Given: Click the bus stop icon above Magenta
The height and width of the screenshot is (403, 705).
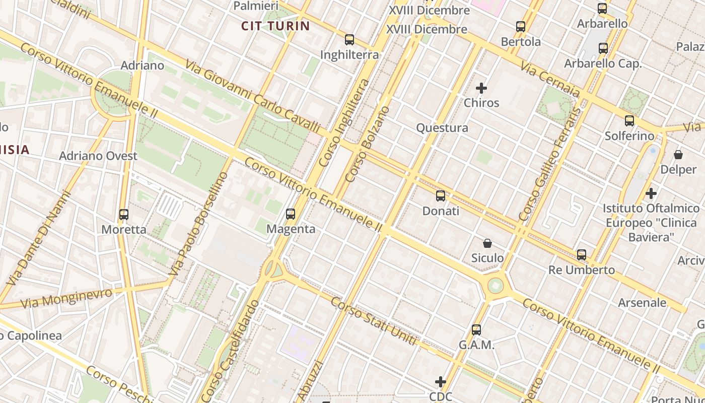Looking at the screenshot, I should coord(291,214).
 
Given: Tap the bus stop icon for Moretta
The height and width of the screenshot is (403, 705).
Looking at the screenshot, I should coord(124,215).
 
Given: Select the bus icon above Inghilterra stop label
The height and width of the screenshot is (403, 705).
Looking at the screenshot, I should coord(349,40).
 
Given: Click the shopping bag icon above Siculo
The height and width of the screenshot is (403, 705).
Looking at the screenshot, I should coord(487,244).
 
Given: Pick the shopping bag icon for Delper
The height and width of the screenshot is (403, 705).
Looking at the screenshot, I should coord(678,155).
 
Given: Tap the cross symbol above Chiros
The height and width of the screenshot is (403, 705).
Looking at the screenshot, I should coord(481,88).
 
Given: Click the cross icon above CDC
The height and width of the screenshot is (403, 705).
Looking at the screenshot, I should coord(441,382).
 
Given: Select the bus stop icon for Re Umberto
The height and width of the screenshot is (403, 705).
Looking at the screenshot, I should coord(582,255).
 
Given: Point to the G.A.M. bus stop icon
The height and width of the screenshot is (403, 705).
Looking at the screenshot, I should coord(476,330).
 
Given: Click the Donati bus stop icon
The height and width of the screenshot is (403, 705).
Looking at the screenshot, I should coord(441,196).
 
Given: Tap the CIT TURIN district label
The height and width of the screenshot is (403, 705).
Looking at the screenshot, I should coord(275,26).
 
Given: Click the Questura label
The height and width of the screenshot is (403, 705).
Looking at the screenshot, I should coord(442,128).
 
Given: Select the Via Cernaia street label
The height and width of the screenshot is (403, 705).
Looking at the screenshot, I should coord(550,79).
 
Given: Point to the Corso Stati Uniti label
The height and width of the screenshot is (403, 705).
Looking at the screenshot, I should coord(374,321).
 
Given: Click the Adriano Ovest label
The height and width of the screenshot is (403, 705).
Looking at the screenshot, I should coord(98,156).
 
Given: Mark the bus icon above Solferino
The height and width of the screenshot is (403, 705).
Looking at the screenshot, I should coord(629,121).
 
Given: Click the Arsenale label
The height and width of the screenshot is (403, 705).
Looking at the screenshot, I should coord(642,303).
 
